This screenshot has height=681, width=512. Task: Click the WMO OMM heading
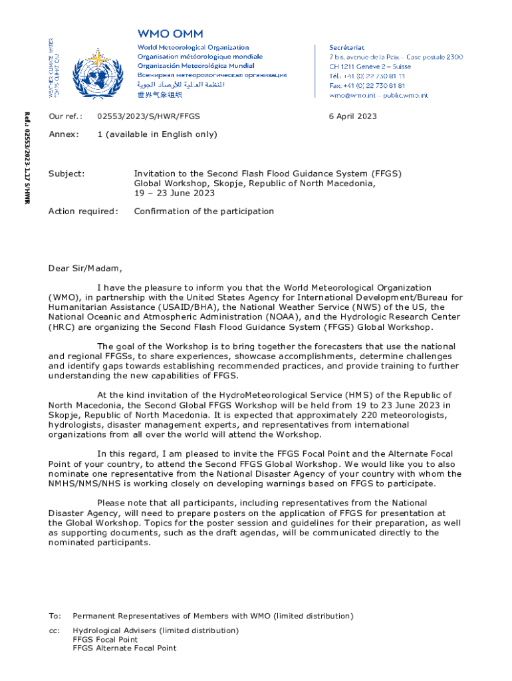pyautogui.click(x=170, y=33)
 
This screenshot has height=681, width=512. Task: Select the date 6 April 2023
pyautogui.click(x=352, y=116)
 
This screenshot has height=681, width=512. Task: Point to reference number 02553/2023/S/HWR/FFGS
pyautogui.click(x=148, y=116)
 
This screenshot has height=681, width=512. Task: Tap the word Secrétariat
pyautogui.click(x=350, y=48)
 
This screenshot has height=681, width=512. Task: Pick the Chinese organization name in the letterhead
pyautogui.click(x=160, y=95)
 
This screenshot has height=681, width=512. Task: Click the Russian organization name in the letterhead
pyautogui.click(x=211, y=76)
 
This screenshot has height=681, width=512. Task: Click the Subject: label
pyautogui.click(x=66, y=174)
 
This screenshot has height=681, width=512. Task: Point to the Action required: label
pyautogui.click(x=82, y=211)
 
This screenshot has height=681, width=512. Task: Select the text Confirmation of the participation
pyautogui.click(x=203, y=211)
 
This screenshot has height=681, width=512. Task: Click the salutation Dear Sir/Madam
pyautogui.click(x=85, y=269)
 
